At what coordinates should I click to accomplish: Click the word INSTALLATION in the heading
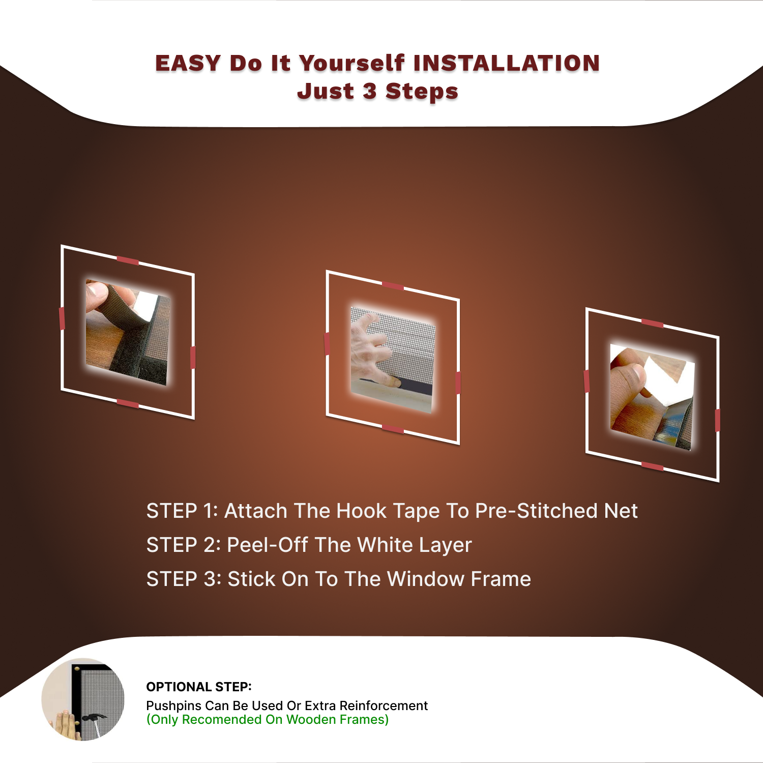[x=507, y=64]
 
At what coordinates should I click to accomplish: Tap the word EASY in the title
[x=188, y=64]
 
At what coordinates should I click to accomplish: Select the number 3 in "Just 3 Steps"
[x=370, y=92]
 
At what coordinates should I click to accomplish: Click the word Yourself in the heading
[x=352, y=64]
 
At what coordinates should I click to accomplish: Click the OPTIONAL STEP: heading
[x=199, y=687]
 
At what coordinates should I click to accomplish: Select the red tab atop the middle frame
[x=393, y=286]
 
